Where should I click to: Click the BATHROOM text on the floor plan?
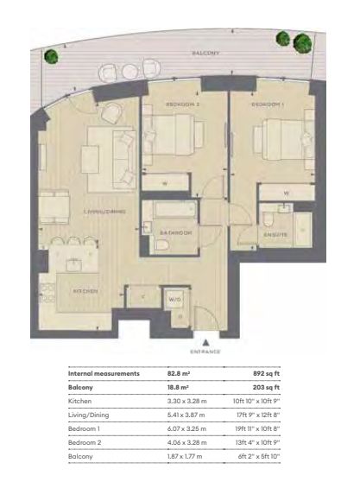point(175,232)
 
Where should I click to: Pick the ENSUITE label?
point(275,232)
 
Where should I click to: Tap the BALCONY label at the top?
point(206,53)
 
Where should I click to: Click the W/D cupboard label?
point(174,300)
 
